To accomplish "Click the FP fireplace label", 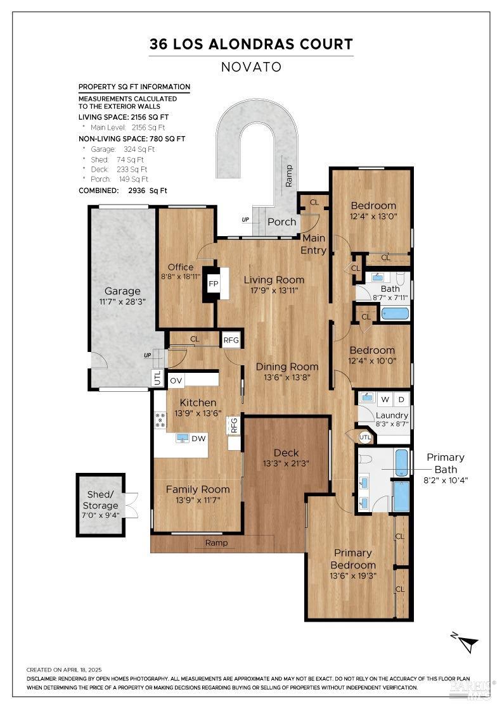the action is tap(213, 284).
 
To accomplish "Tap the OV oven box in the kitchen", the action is tap(176, 380).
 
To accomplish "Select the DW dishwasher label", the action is tap(198, 438).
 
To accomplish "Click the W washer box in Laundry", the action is tap(385, 399).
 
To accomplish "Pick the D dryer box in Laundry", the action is tap(401, 399).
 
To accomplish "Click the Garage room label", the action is tap(122, 291).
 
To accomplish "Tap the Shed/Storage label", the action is tap(101, 500).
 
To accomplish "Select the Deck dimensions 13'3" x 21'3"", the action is tap(286, 463).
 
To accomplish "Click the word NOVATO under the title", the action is tap(251, 67).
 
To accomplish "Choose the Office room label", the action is tap(181, 267).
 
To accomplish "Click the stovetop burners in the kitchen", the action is tap(161, 420).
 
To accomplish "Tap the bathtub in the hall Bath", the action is tap(395, 313).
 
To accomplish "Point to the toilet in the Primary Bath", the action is tap(365, 459).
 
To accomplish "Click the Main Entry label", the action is tap(314, 244).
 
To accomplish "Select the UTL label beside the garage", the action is tap(158, 377).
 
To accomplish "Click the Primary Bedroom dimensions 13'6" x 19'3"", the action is tap(353, 576).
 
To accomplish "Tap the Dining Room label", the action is tap(287, 367).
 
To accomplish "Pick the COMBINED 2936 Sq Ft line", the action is tap(123, 191).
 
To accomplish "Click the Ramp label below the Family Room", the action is tap(216, 543).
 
